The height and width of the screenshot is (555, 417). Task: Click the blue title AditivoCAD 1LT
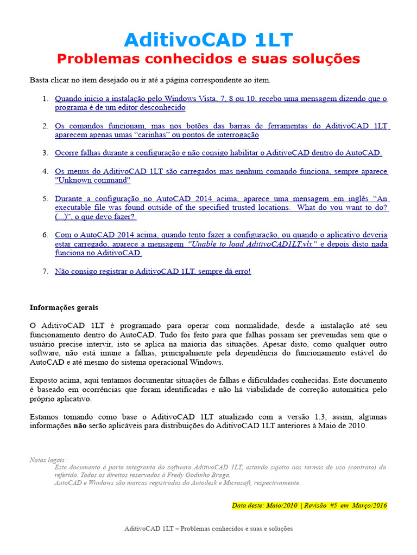tap(208, 40)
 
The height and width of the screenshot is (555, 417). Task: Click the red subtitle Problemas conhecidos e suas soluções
tap(208, 59)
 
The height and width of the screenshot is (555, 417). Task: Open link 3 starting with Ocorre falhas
tap(218, 153)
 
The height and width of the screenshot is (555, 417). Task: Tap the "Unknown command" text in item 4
tap(93, 180)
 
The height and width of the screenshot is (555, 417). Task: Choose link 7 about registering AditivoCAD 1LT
tap(153, 271)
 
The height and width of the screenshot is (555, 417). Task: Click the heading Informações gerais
tap(64, 307)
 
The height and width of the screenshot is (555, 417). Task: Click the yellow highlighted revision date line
tap(309, 505)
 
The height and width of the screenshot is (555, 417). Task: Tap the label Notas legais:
tap(48, 460)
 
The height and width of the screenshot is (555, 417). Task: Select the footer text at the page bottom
tap(208, 528)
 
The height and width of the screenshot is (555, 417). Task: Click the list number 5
tap(46, 198)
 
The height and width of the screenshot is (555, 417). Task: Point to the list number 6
tap(46, 235)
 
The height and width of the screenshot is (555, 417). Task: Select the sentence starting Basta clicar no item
tap(150, 80)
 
